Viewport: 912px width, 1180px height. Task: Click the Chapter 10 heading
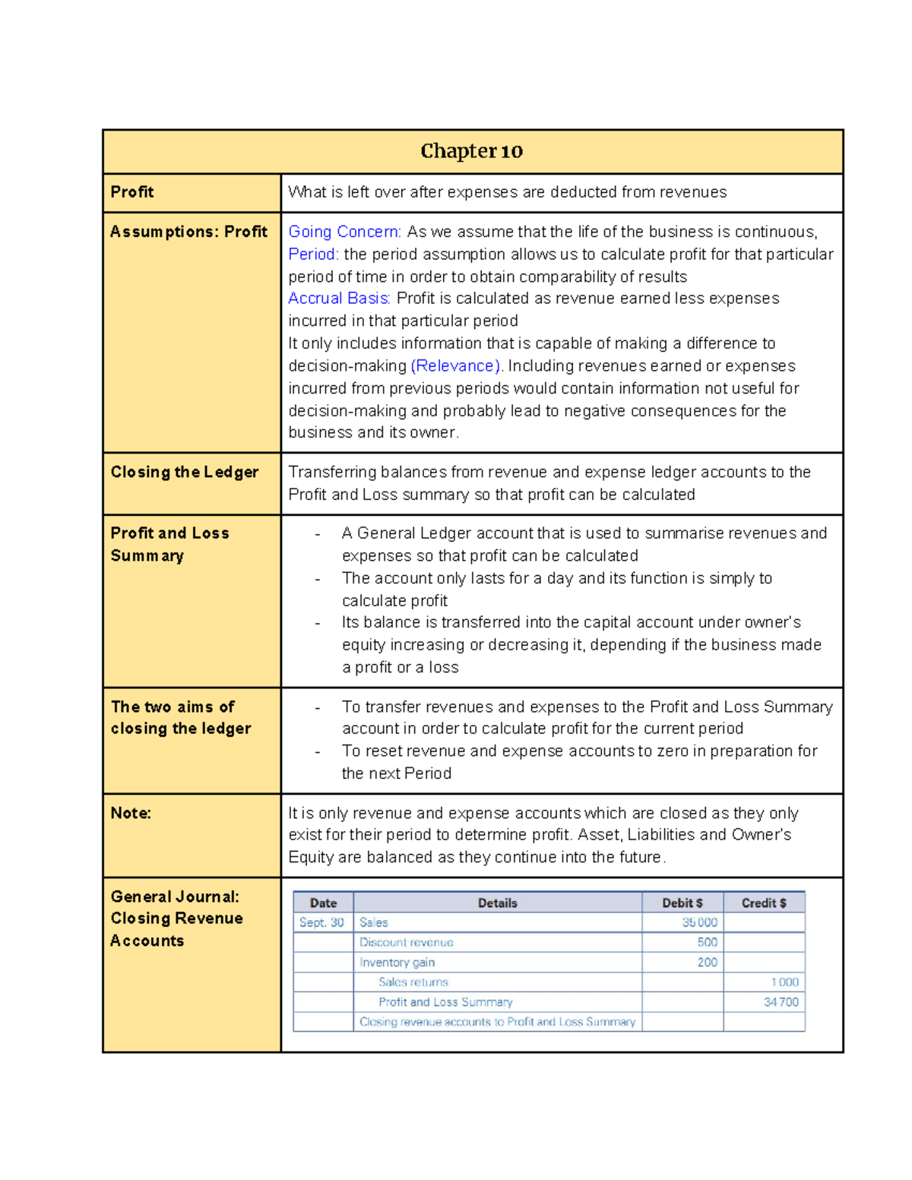pyautogui.click(x=472, y=151)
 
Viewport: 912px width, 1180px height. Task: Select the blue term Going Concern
pyautogui.click(x=344, y=232)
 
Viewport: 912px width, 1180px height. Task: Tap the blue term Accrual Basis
pyautogui.click(x=338, y=299)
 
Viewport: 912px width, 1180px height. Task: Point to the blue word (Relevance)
pyautogui.click(x=455, y=366)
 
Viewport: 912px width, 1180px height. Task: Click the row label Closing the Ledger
pyautogui.click(x=185, y=473)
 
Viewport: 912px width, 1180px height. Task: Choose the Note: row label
pyautogui.click(x=131, y=813)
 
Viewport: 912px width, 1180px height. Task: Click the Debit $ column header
pyautogui.click(x=682, y=903)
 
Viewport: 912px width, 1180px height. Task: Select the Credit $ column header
pyautogui.click(x=763, y=903)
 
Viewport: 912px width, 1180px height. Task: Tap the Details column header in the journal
pyautogui.click(x=497, y=903)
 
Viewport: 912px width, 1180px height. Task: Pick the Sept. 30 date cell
pyautogui.click(x=321, y=922)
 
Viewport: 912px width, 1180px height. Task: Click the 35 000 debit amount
pyautogui.click(x=699, y=922)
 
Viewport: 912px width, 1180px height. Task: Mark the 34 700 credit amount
pyautogui.click(x=781, y=1002)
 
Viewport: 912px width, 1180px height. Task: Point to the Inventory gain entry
pyautogui.click(x=397, y=963)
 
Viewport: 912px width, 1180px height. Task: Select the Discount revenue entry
pyautogui.click(x=406, y=942)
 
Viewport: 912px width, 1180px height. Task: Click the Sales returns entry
pyautogui.click(x=413, y=982)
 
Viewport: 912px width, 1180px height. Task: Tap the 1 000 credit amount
pyautogui.click(x=784, y=982)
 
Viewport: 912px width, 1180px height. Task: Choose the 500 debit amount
pyautogui.click(x=707, y=942)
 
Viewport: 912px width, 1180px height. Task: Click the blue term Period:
pyautogui.click(x=313, y=255)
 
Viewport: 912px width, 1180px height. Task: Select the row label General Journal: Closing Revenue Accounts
pyautogui.click(x=176, y=919)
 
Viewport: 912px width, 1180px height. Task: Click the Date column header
pyautogui.click(x=323, y=903)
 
